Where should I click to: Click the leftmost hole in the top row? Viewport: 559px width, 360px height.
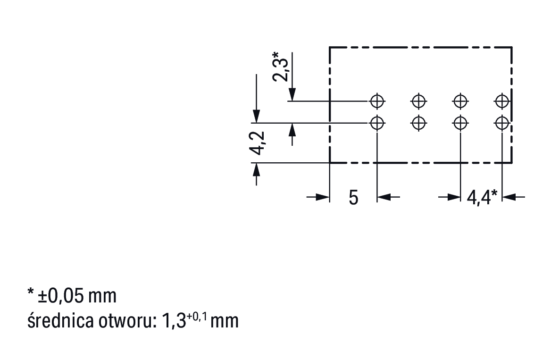(x=377, y=100)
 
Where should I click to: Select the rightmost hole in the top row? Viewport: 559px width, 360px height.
(x=502, y=100)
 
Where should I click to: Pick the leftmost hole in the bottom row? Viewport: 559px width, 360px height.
(x=377, y=123)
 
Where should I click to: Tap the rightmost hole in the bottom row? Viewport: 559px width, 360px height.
(x=502, y=123)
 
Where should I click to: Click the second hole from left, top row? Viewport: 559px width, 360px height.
(x=418, y=100)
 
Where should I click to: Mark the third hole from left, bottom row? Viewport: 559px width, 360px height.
(x=460, y=123)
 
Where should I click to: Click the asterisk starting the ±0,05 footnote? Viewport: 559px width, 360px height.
(x=31, y=293)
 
